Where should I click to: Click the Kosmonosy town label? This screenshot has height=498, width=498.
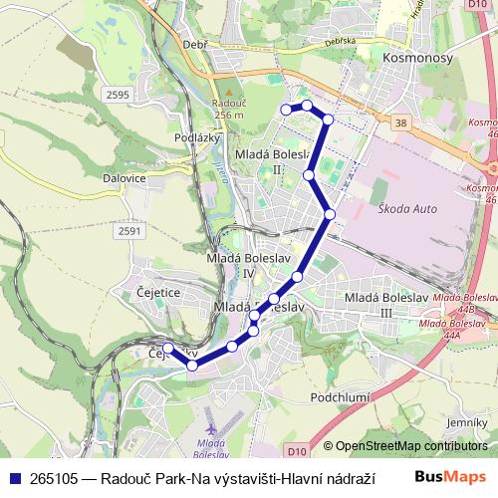(x=416, y=59)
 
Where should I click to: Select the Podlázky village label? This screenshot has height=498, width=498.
(x=195, y=137)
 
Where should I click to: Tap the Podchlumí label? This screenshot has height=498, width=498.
(x=342, y=397)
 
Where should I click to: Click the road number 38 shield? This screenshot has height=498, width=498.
(x=400, y=122)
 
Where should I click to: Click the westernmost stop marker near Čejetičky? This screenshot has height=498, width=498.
(x=167, y=348)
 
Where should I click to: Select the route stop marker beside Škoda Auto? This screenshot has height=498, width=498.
(x=330, y=214)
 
